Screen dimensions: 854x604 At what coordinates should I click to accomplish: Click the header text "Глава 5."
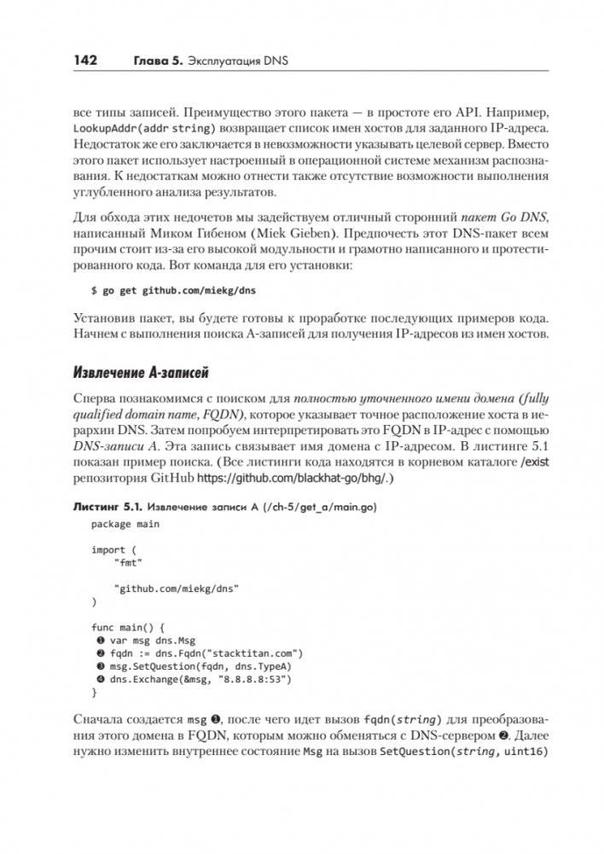pos(160,61)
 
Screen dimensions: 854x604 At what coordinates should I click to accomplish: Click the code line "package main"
pos(125,523)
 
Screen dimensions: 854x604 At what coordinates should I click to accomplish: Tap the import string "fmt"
pos(127,563)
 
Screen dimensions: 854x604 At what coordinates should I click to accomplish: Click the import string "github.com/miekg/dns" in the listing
pos(177,589)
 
